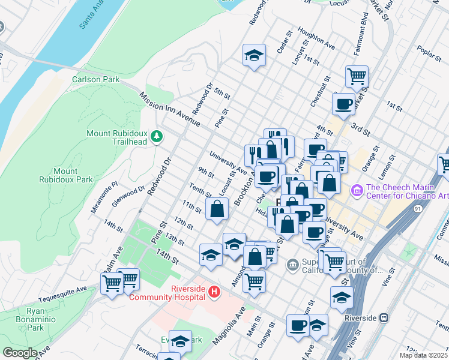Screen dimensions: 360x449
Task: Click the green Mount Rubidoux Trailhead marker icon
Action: [x=157, y=137]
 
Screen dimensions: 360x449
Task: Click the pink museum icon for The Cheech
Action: [x=357, y=190]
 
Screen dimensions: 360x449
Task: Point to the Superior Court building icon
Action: [x=292, y=263]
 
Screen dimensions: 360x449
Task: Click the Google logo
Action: [x=19, y=353]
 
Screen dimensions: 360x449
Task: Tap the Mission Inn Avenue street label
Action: [x=170, y=109]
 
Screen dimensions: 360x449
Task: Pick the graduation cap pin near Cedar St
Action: [x=255, y=55]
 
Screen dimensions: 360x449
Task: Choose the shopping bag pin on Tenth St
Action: [x=217, y=209]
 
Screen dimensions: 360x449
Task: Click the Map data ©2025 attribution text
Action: [x=423, y=355]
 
